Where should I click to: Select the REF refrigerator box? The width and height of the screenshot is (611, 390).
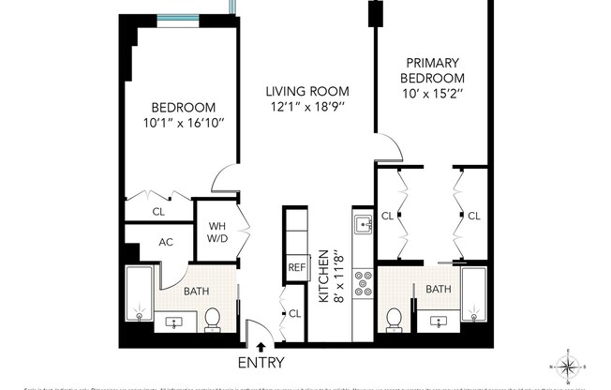[297, 267]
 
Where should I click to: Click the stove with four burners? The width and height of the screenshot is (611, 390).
[363, 284]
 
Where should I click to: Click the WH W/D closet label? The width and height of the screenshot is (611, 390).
[216, 231]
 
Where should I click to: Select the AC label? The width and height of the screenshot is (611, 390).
[166, 242]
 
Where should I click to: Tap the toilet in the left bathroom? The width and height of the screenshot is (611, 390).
[213, 320]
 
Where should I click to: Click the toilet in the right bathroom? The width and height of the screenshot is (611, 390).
[395, 319]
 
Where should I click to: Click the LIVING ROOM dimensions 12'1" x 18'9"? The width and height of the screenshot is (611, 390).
[306, 108]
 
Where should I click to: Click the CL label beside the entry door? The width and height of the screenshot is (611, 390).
[294, 313]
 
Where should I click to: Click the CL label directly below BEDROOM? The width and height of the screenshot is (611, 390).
[158, 212]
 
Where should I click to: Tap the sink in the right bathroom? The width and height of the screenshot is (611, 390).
[439, 322]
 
